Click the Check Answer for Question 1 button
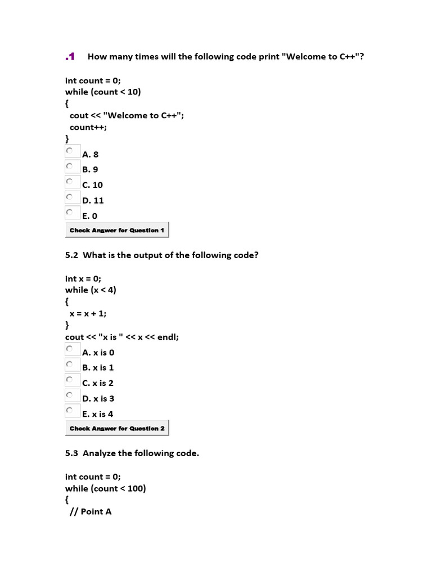[117, 230]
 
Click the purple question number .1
[70, 56]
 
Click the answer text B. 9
[90, 169]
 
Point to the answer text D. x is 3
[98, 398]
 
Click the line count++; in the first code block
[88, 127]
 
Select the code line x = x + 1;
[87, 314]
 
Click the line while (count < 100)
[105, 488]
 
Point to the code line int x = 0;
[83, 278]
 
